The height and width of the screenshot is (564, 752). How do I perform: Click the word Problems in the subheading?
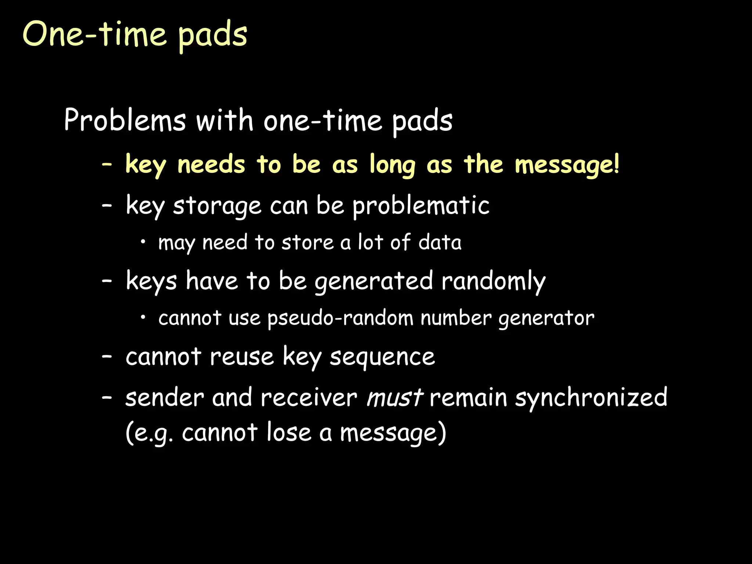tap(125, 120)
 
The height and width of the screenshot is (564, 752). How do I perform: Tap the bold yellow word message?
tap(567, 165)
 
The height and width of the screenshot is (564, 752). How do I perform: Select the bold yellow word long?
tap(392, 165)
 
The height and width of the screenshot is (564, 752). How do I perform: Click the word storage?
tap(217, 206)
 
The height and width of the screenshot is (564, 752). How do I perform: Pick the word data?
tap(440, 243)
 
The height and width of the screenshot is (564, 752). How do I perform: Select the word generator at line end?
tap(546, 318)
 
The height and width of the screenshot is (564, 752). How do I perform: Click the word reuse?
tap(242, 357)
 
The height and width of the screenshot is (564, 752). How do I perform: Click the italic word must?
tap(394, 398)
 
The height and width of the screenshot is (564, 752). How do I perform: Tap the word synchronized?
tap(591, 398)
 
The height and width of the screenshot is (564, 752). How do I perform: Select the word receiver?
tap(308, 398)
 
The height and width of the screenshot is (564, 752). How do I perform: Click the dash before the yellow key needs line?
tap(107, 165)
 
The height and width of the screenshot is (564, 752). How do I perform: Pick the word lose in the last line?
tap(289, 433)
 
